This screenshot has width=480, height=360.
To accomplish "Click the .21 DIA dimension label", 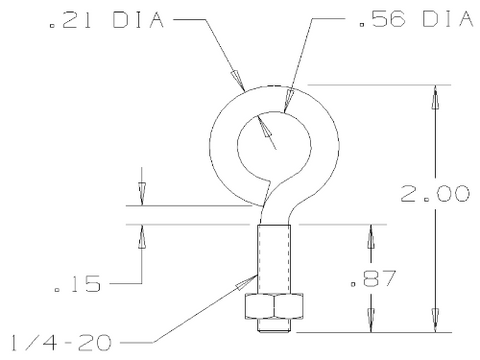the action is pyautogui.click(x=107, y=20).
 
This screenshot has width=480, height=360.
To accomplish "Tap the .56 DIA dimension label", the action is pyautogui.click(x=416, y=18).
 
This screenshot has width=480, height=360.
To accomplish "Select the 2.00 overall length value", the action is pyautogui.click(x=435, y=194).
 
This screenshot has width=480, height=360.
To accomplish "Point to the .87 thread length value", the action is pyautogui.click(x=373, y=278).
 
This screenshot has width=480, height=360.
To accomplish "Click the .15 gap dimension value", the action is pyautogui.click(x=77, y=284).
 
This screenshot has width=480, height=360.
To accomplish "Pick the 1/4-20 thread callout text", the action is pyautogui.click(x=61, y=342).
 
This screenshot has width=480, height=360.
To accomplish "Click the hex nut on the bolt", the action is pyautogui.click(x=274, y=306).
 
